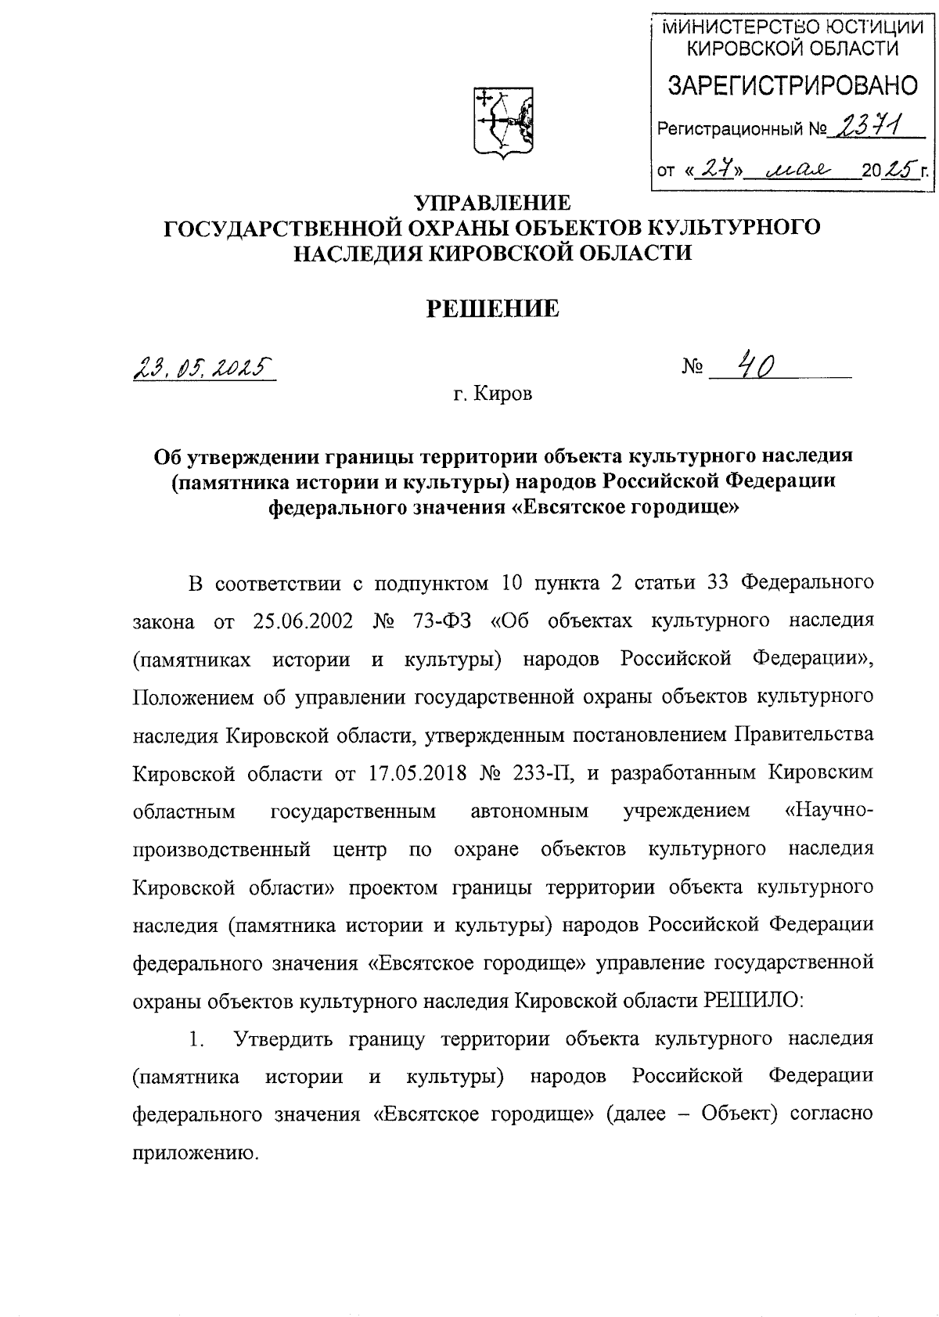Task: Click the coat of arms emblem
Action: coord(504,121)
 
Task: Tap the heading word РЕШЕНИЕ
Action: coord(492,309)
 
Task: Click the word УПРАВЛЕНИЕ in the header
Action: coord(492,203)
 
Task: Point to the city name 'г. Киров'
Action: coord(492,394)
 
